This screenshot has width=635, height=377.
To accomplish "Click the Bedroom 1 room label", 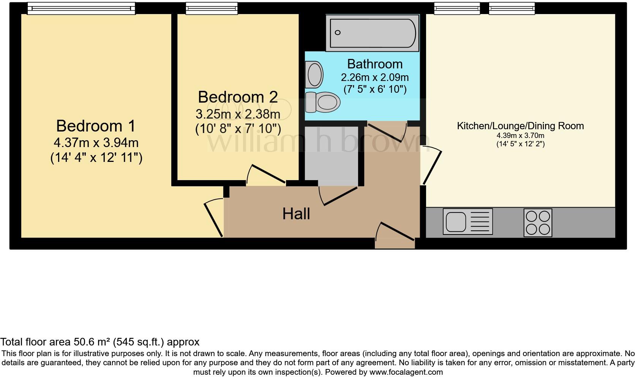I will tap(96, 126).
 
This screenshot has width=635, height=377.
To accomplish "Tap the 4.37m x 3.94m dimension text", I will tap(96, 143).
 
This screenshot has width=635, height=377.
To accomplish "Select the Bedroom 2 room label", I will tap(238, 97).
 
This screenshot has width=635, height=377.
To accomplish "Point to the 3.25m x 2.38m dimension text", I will tap(238, 114).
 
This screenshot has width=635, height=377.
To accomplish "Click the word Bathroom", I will tap(374, 64).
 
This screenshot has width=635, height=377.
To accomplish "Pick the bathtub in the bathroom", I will tap(373, 33).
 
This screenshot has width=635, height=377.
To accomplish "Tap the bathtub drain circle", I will tap(338, 33).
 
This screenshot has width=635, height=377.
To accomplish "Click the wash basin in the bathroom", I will tap(315, 74).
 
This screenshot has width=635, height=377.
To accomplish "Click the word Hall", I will tap(296, 214).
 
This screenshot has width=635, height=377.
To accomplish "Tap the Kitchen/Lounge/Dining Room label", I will tap(520, 126).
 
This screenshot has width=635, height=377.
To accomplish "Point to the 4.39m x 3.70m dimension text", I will tap(520, 136).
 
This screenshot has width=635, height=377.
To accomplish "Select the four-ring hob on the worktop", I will tap(537, 223).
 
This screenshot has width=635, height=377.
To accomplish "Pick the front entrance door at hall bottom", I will tap(395, 232).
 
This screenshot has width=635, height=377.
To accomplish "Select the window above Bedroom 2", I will tap(212, 8).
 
